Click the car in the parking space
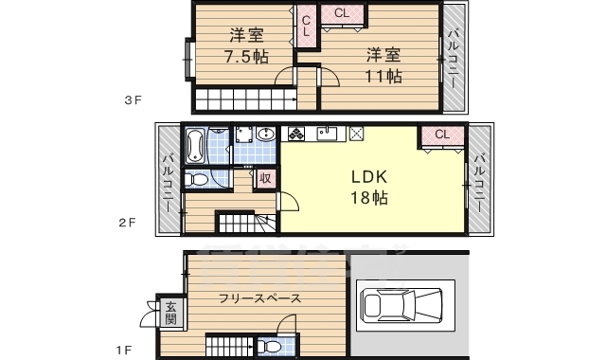tap(401, 305)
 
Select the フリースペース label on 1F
tap(259, 298)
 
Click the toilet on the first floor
tap(269, 347)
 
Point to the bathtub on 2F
tap(195, 146)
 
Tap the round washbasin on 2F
tap(265, 135)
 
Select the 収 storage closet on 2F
tap(265, 179)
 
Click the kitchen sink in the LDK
tap(327, 134)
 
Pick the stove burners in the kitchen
tap(296, 134)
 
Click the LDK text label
tap(369, 177)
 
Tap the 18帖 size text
tap(369, 198)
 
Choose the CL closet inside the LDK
tap(442, 136)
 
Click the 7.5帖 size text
tap(246, 57)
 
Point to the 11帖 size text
tap(383, 76)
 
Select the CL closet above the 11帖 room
tap(342, 15)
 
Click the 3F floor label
tap(133, 100)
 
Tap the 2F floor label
tap(127, 223)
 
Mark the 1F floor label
tap(124, 351)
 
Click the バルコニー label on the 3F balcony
tap(454, 59)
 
